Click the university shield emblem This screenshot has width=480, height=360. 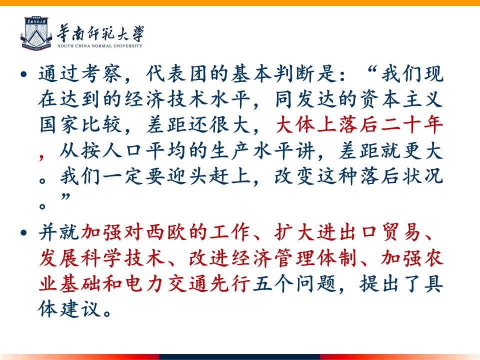[x=36, y=33]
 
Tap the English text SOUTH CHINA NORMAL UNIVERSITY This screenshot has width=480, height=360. [x=100, y=46]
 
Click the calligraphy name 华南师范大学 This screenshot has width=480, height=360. [x=100, y=33]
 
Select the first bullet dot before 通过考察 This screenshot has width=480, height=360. [x=23, y=74]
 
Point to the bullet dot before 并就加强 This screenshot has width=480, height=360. [x=23, y=232]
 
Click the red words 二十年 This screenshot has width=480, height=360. [x=411, y=125]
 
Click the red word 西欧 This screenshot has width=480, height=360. [x=167, y=232]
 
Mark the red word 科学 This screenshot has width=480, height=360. [x=101, y=258]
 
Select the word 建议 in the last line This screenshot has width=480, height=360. [x=80, y=309]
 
